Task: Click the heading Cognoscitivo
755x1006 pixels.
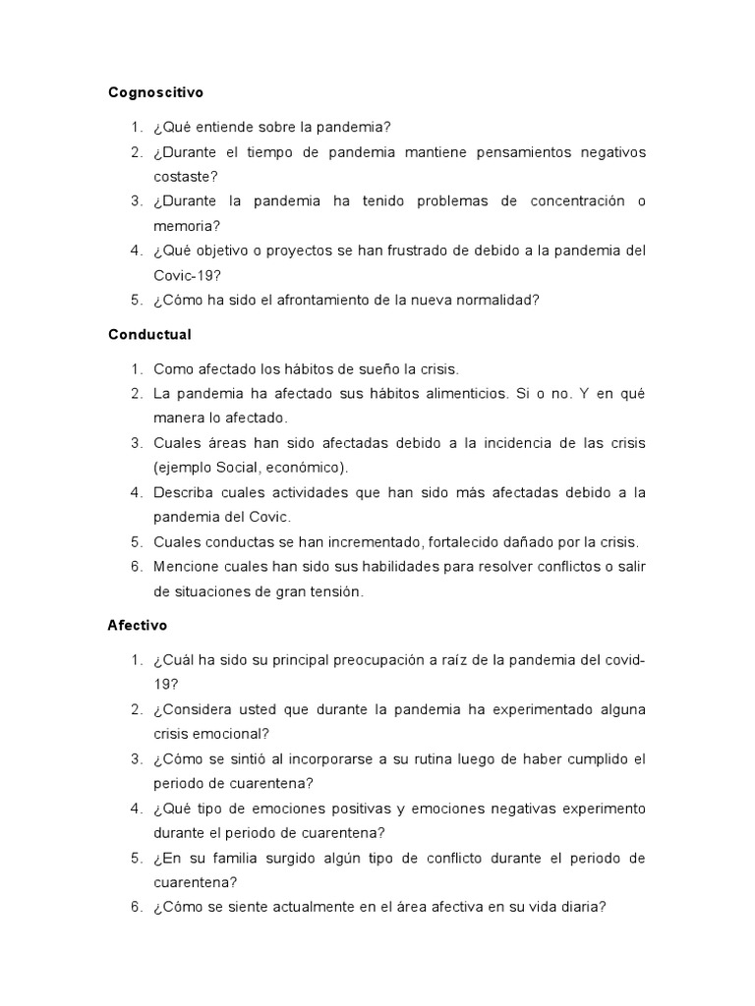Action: click(155, 92)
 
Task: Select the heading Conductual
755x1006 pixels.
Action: click(149, 334)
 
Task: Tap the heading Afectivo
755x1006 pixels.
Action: click(138, 625)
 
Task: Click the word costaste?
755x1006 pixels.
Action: click(186, 177)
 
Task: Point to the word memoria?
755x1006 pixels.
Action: click(187, 226)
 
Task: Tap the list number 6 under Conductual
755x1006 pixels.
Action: click(136, 566)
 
